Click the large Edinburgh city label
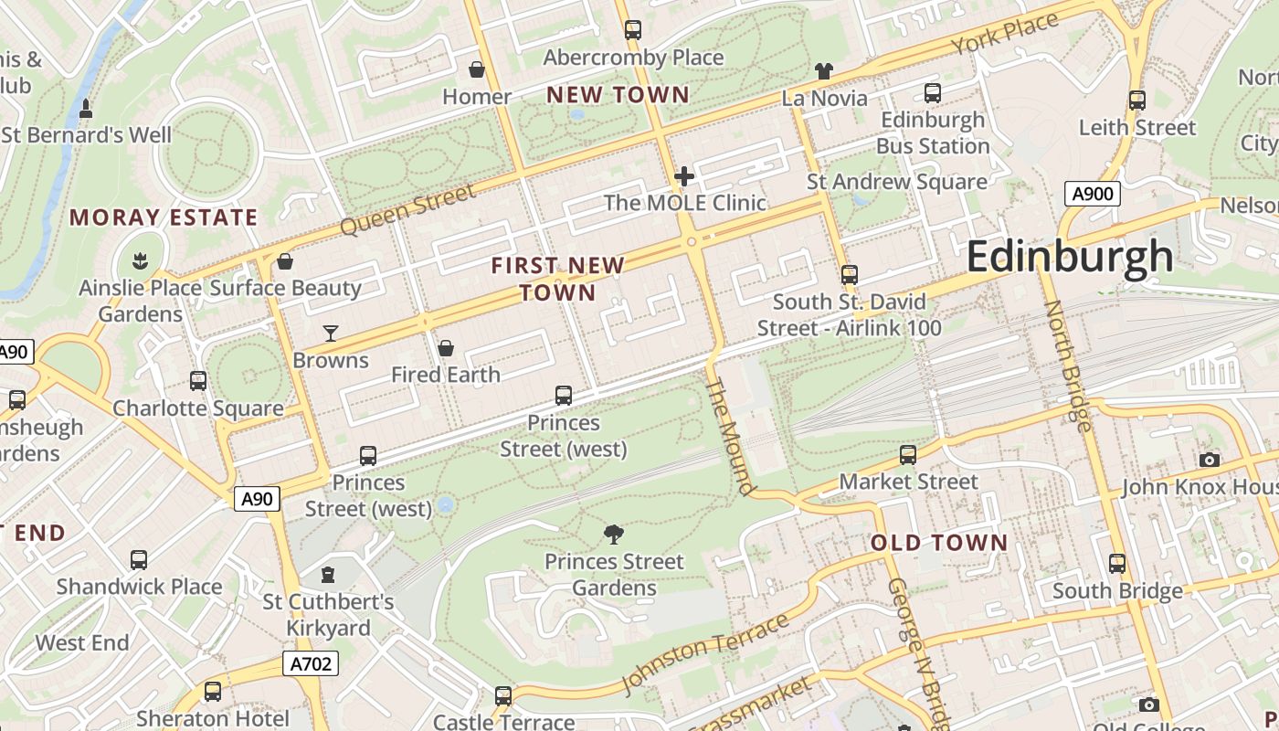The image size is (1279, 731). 1069,256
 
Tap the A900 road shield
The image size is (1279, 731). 1092,194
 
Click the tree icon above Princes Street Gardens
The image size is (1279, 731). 615,534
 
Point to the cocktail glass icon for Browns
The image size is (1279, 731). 331,334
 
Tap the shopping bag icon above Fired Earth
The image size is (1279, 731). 446,348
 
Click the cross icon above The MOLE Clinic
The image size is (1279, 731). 684,176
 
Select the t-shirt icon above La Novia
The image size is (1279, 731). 824,71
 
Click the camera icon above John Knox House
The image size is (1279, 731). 1210,460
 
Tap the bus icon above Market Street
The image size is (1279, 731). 908,455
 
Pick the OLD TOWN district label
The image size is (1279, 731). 938,543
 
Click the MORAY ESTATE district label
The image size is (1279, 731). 164,217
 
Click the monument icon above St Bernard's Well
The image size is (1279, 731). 86,109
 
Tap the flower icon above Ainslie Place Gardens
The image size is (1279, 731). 140,261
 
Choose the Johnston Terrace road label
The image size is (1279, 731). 704,654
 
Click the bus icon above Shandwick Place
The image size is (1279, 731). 139,560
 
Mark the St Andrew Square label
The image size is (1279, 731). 896,182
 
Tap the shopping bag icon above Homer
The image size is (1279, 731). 477,69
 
